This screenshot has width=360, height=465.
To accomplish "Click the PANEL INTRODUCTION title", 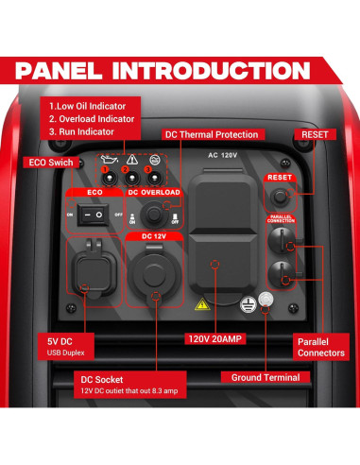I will (x=180, y=71).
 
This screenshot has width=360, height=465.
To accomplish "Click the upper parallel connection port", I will (x=280, y=243).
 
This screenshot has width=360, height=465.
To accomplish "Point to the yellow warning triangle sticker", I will (x=201, y=305).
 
